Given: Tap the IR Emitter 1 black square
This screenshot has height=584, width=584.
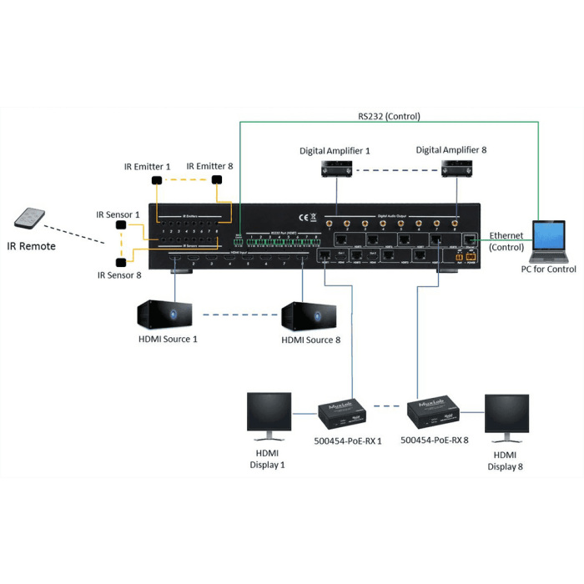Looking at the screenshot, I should point(156,180).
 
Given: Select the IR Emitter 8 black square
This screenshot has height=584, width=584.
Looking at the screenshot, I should point(218,180).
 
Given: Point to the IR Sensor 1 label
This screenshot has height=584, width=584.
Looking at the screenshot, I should point(118,214).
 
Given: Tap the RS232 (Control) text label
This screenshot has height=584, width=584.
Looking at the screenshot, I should point(390,116).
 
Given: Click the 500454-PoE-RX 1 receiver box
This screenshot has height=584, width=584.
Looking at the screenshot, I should point(339,411).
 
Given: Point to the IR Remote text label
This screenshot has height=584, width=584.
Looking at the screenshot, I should point(32,246).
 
